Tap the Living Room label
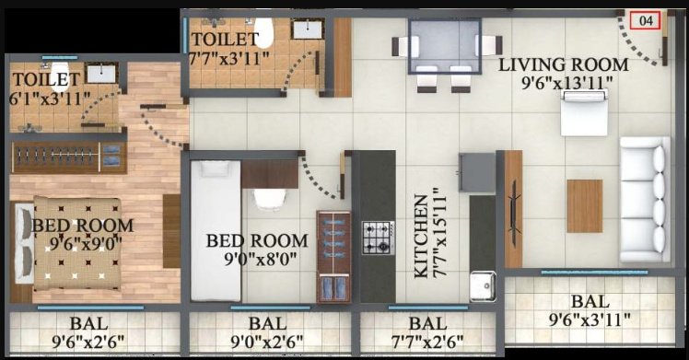pos(564,74)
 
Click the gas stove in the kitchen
pos(377,237)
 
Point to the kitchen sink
pos(482,286)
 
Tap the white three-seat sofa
pos(644,200)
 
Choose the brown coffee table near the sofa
pos(584,205)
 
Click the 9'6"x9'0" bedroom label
pos(83,234)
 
